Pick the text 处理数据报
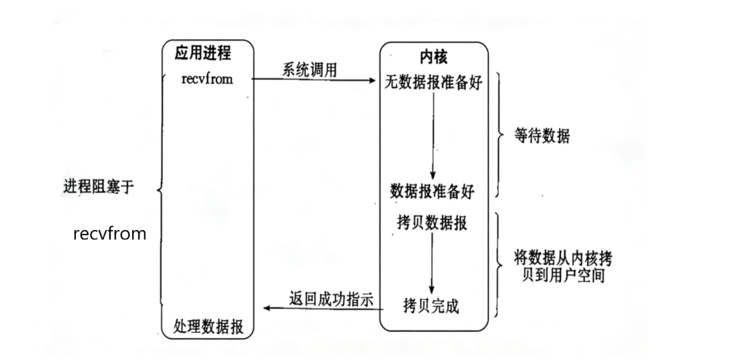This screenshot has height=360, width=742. coord(208,326)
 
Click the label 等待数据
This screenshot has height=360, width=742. coord(543,137)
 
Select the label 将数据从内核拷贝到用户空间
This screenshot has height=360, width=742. coord(562,267)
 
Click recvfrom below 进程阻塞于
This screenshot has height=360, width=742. coord(109,234)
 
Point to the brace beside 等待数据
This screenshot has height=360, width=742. coord(501,137)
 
